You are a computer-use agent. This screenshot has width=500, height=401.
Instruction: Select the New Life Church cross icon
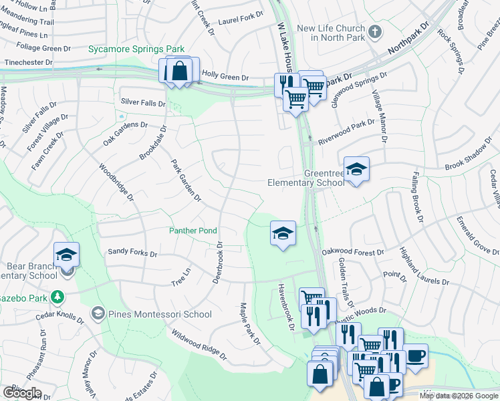click(x=375, y=31)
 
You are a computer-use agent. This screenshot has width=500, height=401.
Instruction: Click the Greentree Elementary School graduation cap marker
click(x=356, y=169)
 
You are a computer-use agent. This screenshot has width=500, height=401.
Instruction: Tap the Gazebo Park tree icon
click(x=59, y=296)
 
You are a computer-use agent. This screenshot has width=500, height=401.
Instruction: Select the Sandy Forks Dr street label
click(x=132, y=253)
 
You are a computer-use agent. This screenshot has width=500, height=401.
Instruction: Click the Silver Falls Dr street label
click(x=142, y=103)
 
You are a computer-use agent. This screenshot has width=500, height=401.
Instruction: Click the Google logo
click(x=22, y=393)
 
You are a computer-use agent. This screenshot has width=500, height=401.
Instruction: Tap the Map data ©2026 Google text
click(x=459, y=396)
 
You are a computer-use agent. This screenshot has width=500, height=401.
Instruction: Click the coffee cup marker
click(x=416, y=355)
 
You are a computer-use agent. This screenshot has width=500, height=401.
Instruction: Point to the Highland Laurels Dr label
click(x=424, y=268)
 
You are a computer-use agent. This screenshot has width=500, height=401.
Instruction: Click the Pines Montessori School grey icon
click(x=98, y=313)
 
